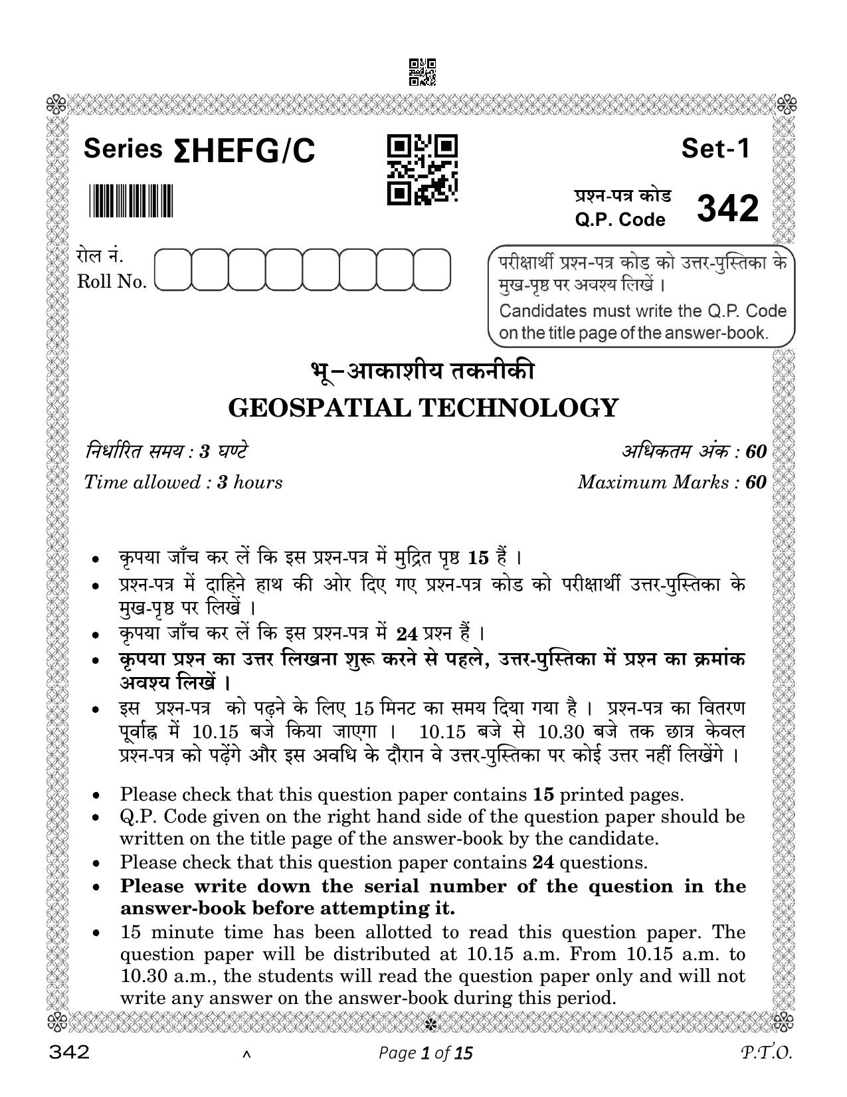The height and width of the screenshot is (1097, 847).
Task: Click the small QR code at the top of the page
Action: tap(423, 72)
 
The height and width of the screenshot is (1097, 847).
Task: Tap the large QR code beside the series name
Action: tap(422, 169)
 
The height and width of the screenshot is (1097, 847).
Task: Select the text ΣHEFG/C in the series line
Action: tap(244, 152)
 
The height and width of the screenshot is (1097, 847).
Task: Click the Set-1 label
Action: tap(715, 149)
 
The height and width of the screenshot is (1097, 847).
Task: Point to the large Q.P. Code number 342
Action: tap(727, 209)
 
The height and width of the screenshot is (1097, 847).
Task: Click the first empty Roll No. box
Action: tap(173, 270)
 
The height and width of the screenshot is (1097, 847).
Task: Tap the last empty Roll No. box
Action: tap(432, 270)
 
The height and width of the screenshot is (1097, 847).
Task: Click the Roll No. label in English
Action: tap(112, 282)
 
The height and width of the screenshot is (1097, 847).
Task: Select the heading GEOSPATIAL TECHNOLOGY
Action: tap(423, 407)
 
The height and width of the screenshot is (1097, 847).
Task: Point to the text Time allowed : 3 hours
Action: tap(183, 482)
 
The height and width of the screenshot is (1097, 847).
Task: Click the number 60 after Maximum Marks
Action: tap(755, 482)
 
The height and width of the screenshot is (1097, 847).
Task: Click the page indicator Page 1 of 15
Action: tap(425, 1053)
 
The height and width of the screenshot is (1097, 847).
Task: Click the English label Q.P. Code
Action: tap(620, 219)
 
